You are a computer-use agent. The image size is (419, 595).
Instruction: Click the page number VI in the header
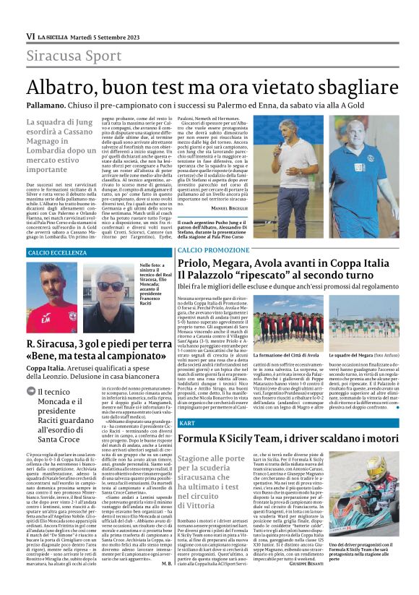point(30,36)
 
